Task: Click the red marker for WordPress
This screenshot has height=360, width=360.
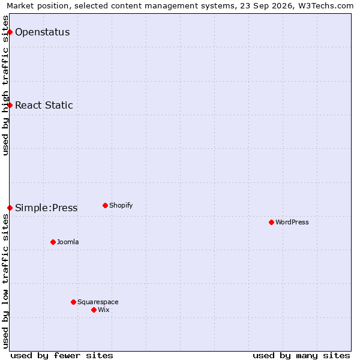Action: click(x=271, y=222)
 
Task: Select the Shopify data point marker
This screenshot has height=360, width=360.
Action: click(x=105, y=205)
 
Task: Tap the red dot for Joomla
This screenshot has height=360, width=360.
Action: click(x=53, y=242)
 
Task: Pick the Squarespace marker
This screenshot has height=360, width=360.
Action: click(x=73, y=302)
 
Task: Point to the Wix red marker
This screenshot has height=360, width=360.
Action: click(x=94, y=310)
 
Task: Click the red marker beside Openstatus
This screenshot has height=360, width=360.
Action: click(x=10, y=32)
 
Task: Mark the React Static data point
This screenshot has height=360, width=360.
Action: click(x=10, y=105)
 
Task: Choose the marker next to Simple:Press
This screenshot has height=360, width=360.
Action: click(x=10, y=208)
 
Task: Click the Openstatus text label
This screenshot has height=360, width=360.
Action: click(x=43, y=32)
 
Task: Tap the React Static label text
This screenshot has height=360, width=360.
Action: click(x=44, y=105)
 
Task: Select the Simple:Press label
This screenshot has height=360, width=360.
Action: click(x=46, y=208)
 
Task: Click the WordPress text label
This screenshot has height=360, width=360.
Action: click(x=292, y=222)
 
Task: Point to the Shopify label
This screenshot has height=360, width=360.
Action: click(x=121, y=205)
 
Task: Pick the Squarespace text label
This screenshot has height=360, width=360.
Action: click(x=98, y=302)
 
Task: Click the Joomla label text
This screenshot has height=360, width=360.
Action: click(x=68, y=242)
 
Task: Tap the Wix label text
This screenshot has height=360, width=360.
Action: click(x=104, y=310)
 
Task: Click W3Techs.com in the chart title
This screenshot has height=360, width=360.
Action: click(x=326, y=6)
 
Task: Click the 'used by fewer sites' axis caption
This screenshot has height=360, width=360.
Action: click(x=62, y=356)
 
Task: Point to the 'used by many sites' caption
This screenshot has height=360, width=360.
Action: click(x=301, y=356)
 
